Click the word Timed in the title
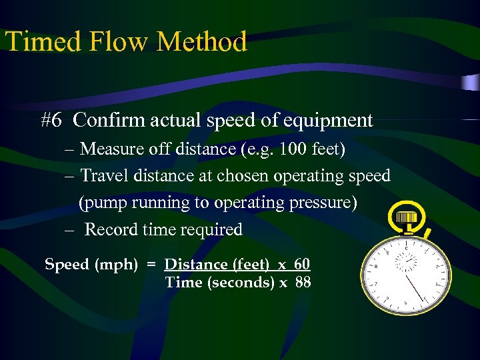point(43,41)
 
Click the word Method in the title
point(202,41)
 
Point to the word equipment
point(328,121)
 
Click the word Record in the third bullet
point(111,229)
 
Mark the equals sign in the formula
point(151,265)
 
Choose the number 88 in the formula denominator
point(303,282)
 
